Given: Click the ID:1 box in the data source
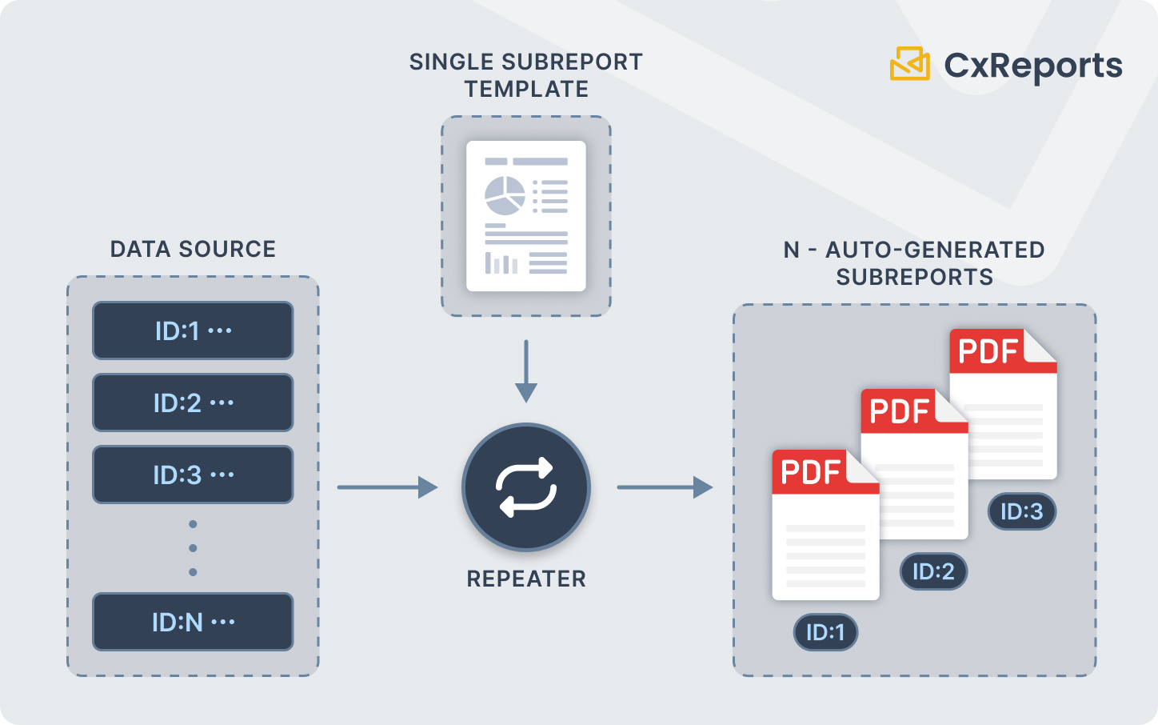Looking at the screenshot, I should (x=193, y=330).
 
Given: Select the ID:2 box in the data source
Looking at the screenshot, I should (x=193, y=403).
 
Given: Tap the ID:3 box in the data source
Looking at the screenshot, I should (x=193, y=475).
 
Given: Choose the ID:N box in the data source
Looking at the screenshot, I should (x=193, y=622).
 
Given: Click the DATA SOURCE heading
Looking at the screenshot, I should (x=193, y=249).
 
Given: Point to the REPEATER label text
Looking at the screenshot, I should (x=526, y=579).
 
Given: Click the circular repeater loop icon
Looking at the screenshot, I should (x=526, y=487).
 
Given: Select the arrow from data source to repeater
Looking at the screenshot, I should (x=387, y=487).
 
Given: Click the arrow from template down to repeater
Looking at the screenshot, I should (x=526, y=371).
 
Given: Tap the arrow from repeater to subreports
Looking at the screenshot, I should (x=665, y=487).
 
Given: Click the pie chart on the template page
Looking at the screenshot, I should (x=505, y=196).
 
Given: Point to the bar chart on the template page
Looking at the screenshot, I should (x=501, y=262).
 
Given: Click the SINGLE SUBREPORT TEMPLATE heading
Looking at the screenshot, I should (x=526, y=75).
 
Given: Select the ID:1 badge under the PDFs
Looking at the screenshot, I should (x=825, y=632).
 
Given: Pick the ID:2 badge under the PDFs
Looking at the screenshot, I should (x=933, y=571).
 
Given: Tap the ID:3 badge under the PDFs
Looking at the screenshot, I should (x=1022, y=511).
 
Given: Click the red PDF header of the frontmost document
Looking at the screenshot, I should (x=812, y=473).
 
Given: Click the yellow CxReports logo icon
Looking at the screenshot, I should (x=910, y=64).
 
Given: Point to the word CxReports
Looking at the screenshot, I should (x=1033, y=66).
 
